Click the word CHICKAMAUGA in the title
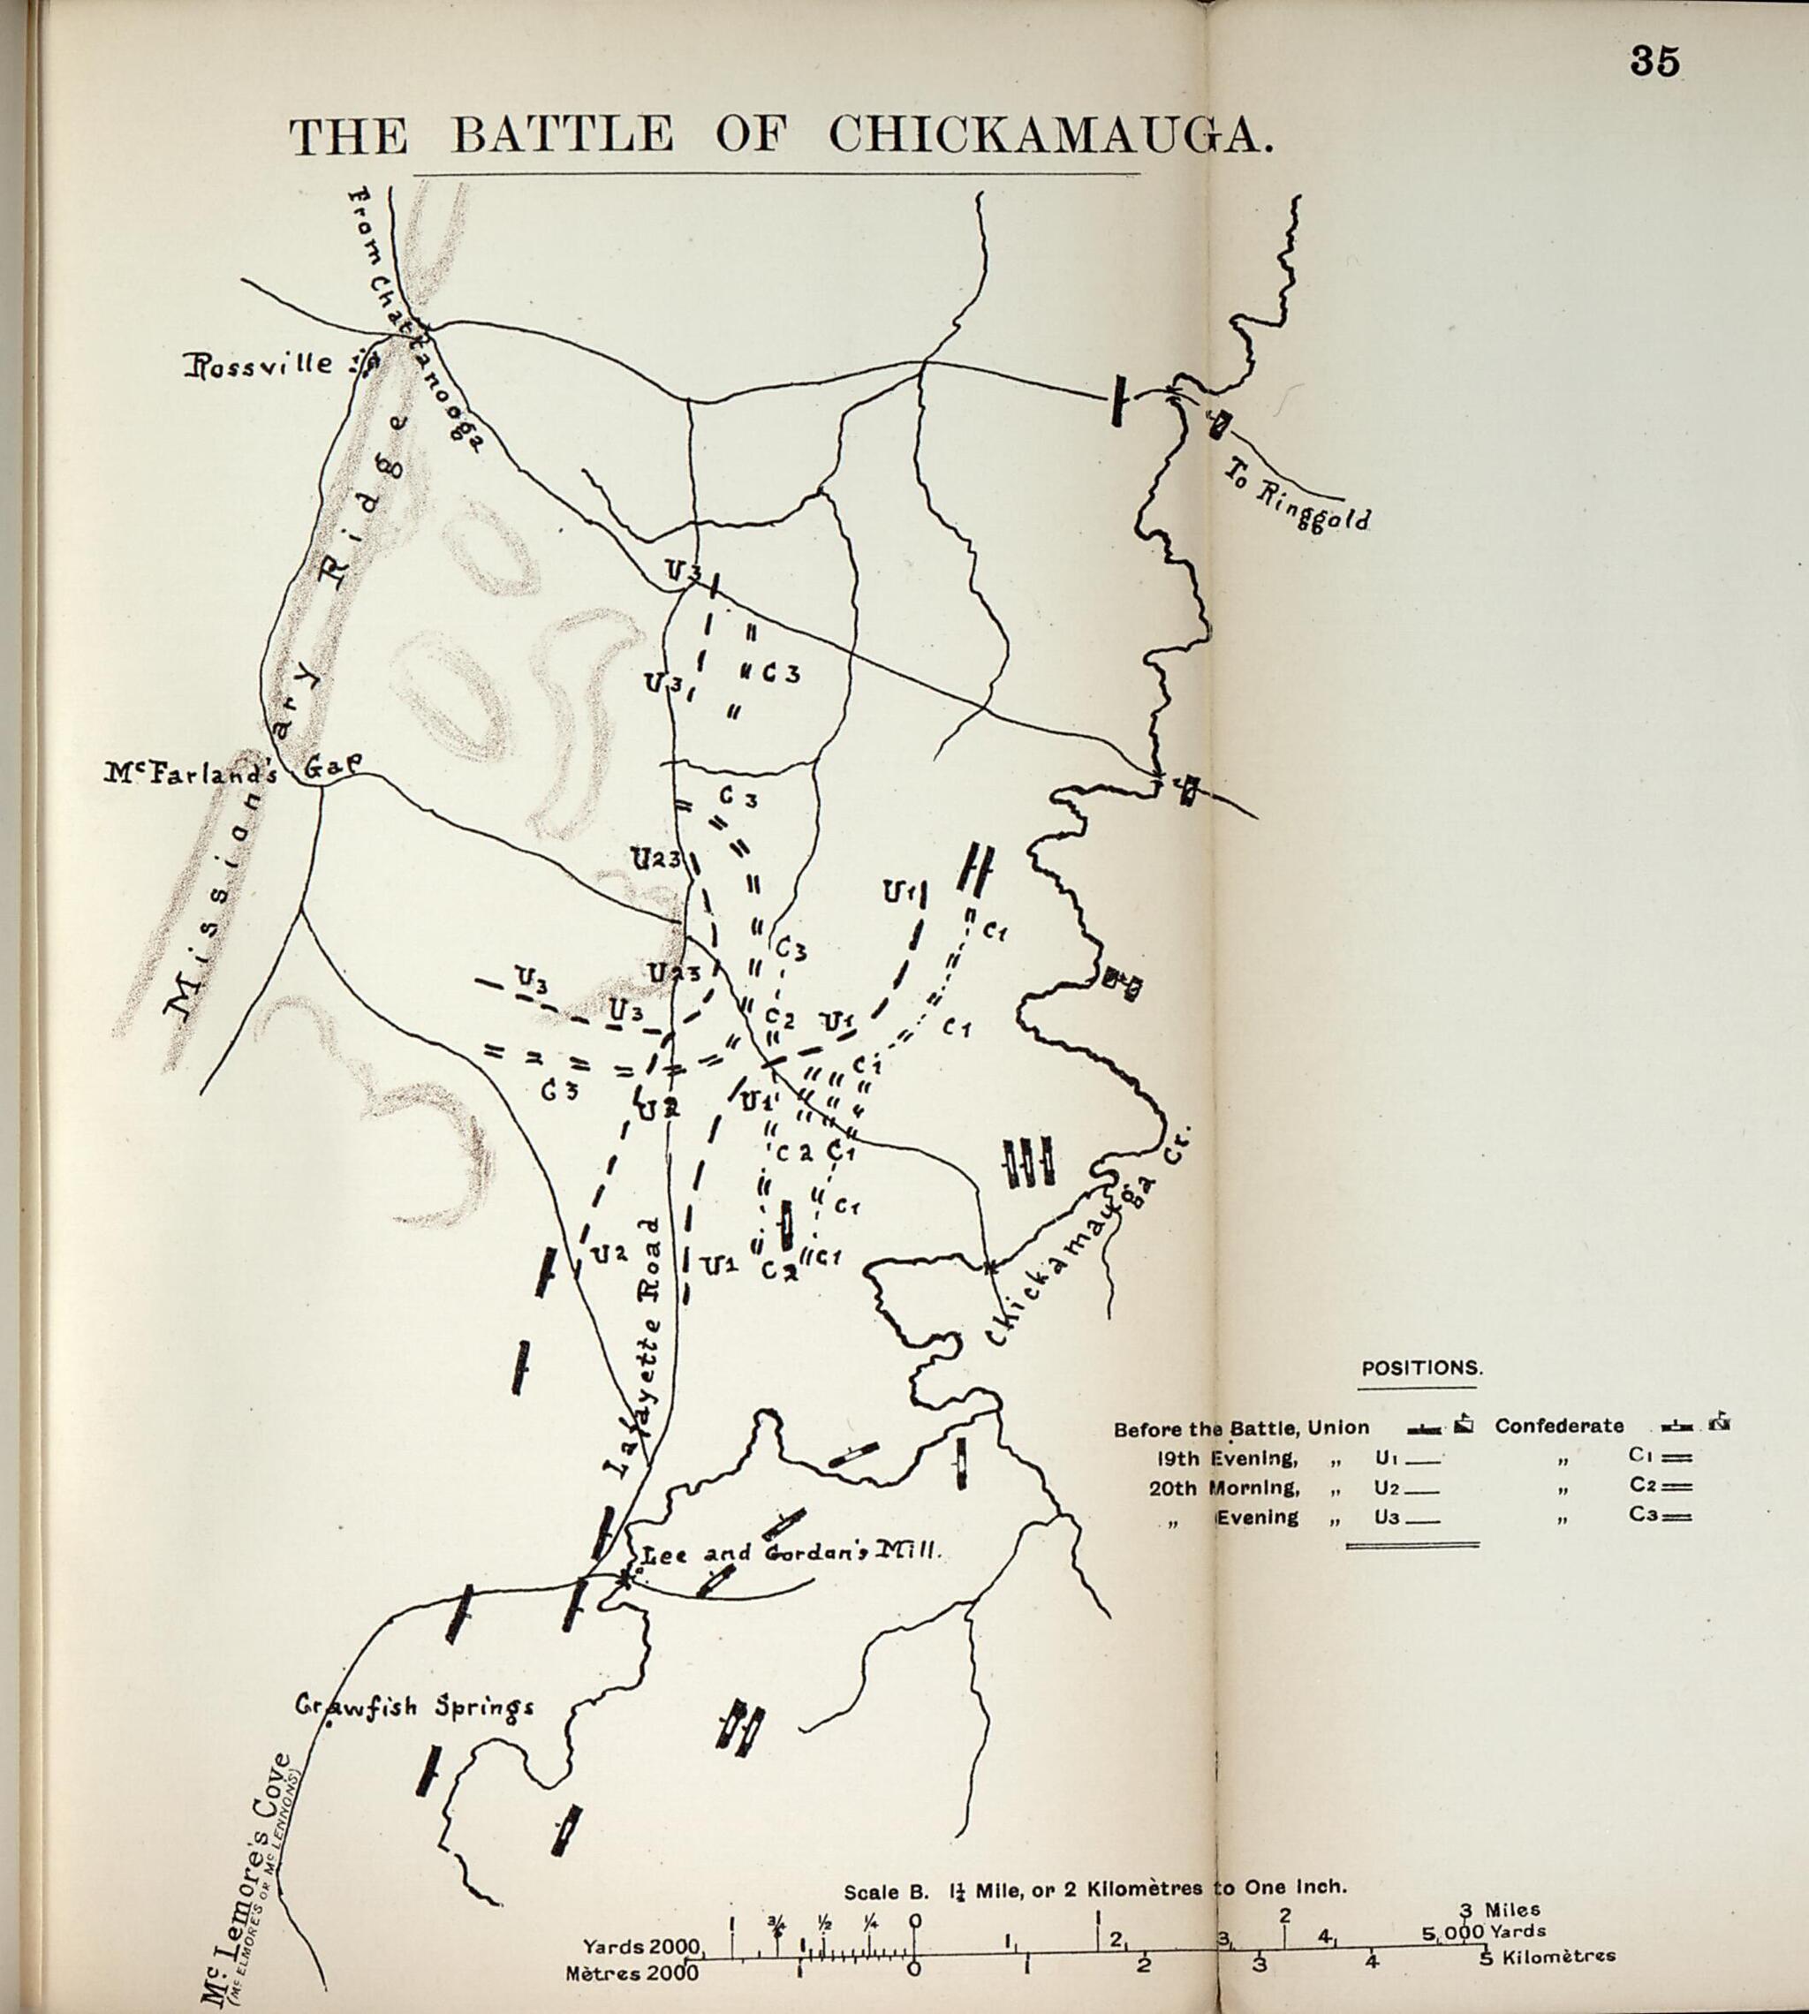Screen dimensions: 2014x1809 [x=1050, y=133]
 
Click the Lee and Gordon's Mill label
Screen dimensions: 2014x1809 [x=788, y=1553]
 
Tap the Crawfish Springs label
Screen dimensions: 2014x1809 [x=414, y=1707]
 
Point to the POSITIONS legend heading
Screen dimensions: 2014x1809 [x=1421, y=1368]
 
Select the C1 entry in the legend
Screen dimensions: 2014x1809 [x=1660, y=1457]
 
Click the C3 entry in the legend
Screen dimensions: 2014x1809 [x=1660, y=1516]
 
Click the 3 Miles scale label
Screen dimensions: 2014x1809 [x=1500, y=1909]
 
